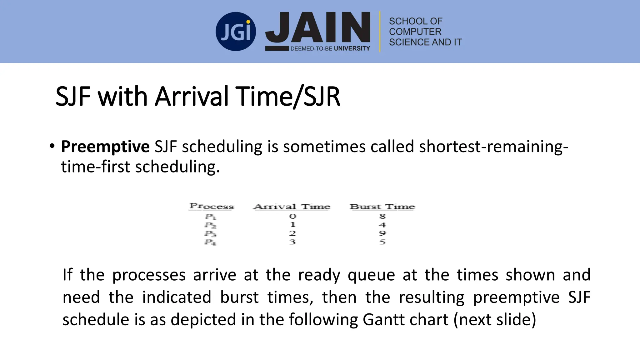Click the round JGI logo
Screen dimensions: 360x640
point(236,32)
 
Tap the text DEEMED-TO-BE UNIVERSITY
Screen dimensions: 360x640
point(330,48)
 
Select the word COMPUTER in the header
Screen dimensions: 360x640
point(415,32)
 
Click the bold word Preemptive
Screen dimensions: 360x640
point(105,147)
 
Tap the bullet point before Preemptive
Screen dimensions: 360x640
point(52,146)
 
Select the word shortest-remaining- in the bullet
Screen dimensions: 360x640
point(493,147)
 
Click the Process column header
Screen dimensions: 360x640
point(212,207)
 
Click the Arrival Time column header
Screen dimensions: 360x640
point(292,207)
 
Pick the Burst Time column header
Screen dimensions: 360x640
point(382,207)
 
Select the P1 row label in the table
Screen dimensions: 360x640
point(211,217)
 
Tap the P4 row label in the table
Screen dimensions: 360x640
point(211,242)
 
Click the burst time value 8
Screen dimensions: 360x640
point(383,216)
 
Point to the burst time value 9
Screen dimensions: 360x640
point(383,233)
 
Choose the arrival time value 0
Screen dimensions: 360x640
point(292,216)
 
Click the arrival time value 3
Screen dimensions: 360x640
point(292,242)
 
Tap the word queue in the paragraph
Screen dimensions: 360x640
point(371,275)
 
